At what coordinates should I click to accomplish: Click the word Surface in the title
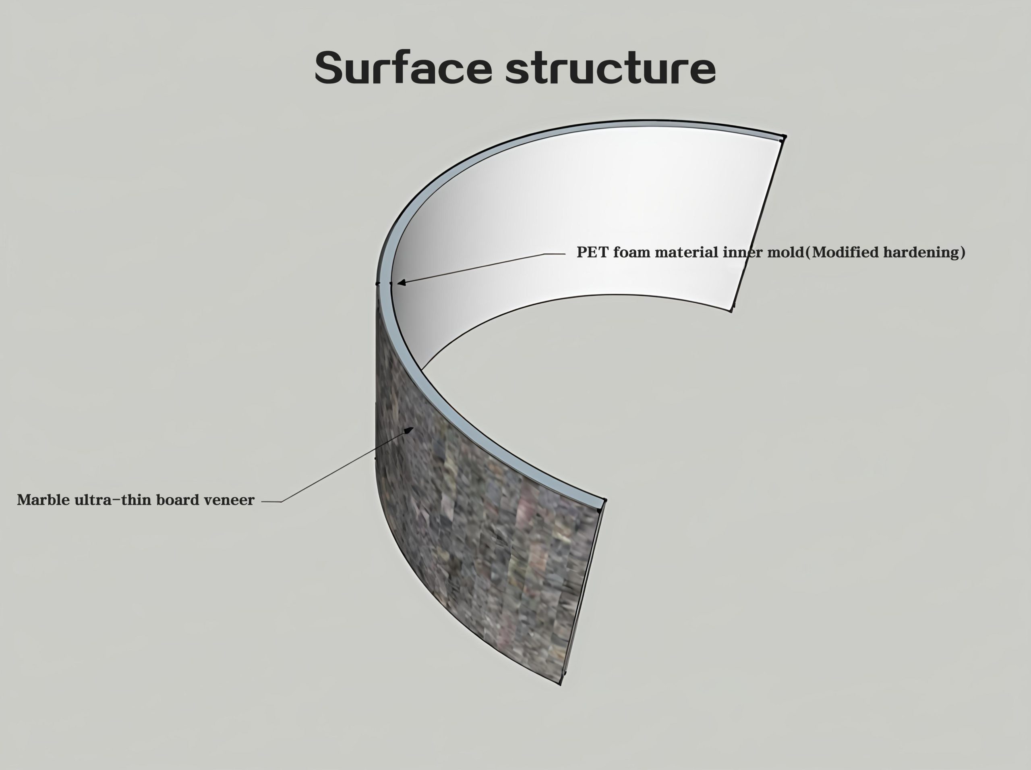[404, 68]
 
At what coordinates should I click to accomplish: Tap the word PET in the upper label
[592, 252]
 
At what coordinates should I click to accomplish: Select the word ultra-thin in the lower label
[113, 500]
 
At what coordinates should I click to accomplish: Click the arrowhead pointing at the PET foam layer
[401, 282]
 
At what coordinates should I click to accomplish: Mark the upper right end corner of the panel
[784, 137]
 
